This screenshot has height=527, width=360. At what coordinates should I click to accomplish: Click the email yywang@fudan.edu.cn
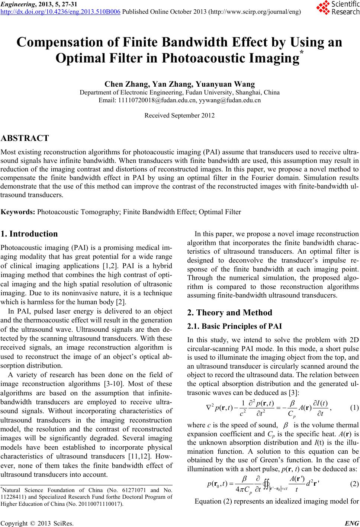tap(230, 100)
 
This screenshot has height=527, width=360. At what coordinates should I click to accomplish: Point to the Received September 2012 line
tap(180, 115)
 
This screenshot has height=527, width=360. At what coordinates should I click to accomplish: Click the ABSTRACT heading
tap(25, 138)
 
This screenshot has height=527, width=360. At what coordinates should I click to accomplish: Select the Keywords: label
tap(18, 212)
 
